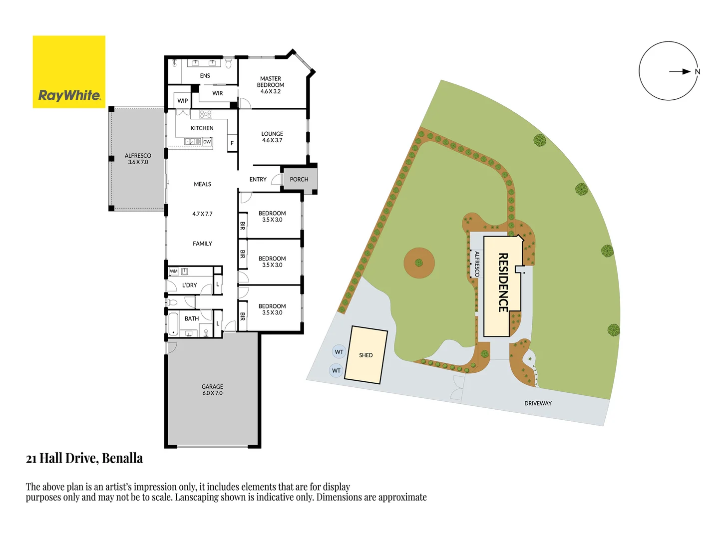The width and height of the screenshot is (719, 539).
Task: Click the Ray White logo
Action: point(69,72)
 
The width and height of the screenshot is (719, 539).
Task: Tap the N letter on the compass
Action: point(698,72)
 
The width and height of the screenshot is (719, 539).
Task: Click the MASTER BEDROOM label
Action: point(271,85)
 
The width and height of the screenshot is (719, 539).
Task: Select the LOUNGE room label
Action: point(272,137)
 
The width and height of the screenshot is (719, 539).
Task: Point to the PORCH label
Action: point(299,179)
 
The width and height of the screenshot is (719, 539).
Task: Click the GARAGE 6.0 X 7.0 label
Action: point(212,390)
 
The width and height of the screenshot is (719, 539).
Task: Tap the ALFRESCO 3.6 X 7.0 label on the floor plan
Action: point(138,159)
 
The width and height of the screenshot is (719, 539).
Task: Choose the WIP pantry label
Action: point(183,101)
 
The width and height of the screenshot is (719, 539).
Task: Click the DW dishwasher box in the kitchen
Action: point(207,142)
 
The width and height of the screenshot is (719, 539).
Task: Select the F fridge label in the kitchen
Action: point(232,143)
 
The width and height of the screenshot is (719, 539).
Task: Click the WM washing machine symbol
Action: point(174,271)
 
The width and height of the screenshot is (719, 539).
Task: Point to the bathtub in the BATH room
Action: point(173,323)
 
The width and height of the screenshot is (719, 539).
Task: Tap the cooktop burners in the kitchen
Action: point(206,114)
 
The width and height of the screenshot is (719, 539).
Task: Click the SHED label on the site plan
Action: point(366,355)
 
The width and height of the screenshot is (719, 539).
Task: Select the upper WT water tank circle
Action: point(339,352)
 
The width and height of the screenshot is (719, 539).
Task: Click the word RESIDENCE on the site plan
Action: point(503,282)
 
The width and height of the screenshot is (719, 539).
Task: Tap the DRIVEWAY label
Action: point(538,403)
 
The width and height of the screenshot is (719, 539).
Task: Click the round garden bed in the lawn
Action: point(419,263)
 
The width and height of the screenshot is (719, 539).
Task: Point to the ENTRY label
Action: point(258,179)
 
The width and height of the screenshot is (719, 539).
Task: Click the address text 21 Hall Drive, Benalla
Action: point(84,458)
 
